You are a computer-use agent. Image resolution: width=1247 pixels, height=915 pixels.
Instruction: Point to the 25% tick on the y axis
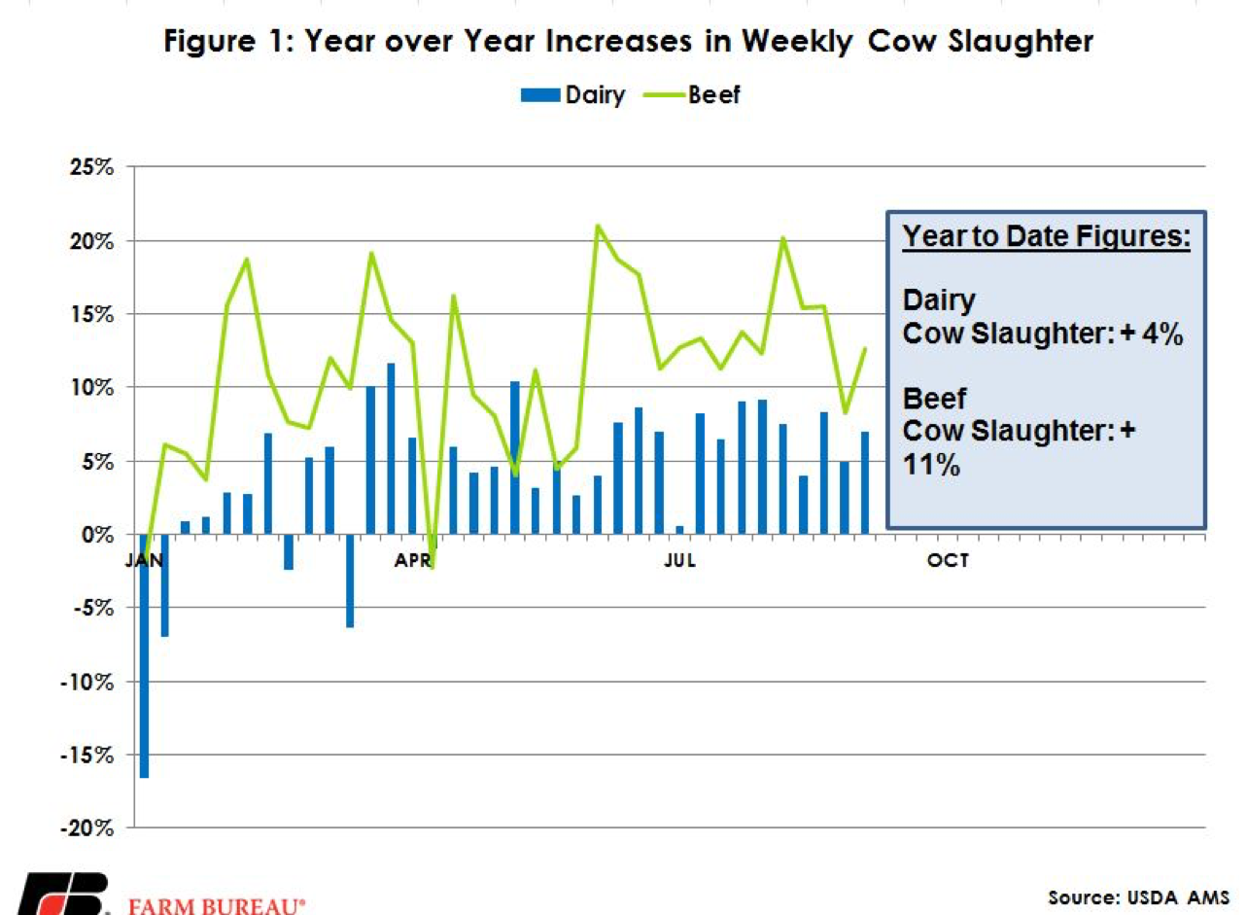coord(94,167)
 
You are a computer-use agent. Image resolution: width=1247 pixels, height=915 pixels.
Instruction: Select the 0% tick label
coord(100,534)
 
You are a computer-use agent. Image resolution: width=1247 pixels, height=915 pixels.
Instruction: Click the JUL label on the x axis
coord(679,560)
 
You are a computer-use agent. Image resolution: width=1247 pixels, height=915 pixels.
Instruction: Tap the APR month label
coord(413,560)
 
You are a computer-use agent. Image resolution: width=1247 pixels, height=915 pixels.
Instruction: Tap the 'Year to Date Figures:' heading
coord(1047,237)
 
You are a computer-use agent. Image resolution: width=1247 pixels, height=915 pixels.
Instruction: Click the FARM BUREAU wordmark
coord(217,905)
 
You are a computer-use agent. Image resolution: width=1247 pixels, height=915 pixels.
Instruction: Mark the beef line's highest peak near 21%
coord(598,226)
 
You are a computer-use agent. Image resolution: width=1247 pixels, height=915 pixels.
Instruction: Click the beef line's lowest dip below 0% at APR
coord(432,567)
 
